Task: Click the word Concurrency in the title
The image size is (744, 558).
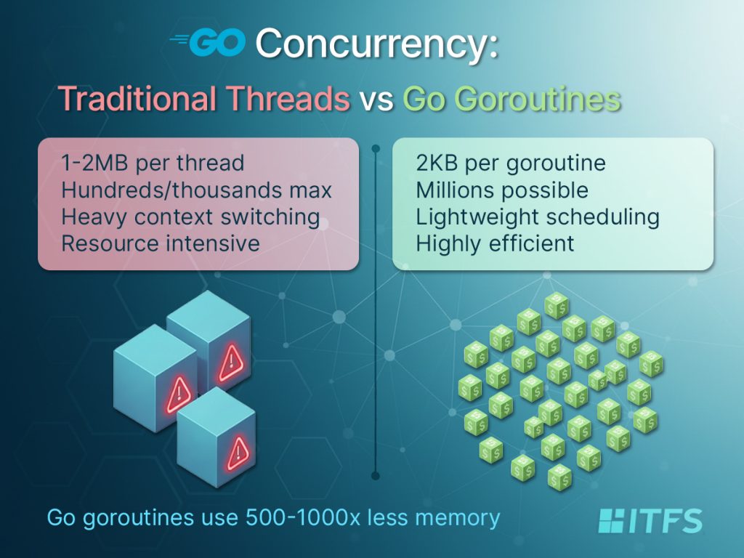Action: point(377,43)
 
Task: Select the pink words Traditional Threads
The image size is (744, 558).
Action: point(204,98)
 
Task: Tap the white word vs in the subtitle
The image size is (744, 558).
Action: point(376,100)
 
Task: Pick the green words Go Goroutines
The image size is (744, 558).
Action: point(512,99)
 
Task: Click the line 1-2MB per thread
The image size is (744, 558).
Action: point(153,163)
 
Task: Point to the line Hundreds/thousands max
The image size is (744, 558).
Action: point(196,190)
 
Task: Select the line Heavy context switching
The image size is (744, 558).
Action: point(191,217)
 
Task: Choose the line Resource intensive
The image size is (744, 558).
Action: point(161,243)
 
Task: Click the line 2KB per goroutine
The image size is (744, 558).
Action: point(511,163)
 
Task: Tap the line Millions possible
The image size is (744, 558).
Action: point(502,190)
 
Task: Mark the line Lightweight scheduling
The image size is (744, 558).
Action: point(538,217)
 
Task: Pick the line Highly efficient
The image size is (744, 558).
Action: point(495,244)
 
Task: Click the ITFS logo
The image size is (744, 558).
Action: point(650,521)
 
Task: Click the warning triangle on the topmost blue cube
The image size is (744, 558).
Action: point(231,363)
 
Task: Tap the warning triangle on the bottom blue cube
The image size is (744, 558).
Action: point(238,453)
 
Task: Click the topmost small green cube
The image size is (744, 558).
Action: point(557,306)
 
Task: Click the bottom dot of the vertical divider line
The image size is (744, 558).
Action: point(376,475)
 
